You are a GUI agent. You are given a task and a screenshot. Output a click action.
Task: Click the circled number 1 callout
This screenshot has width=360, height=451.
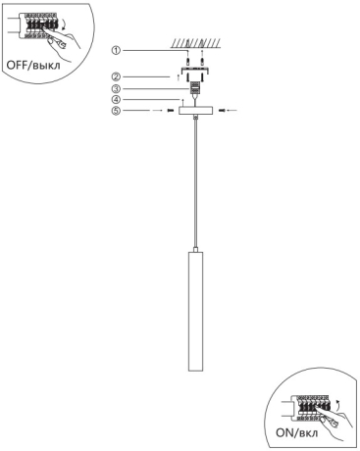[x=116, y=50]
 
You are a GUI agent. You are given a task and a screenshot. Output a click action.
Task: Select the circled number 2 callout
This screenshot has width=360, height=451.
[x=116, y=76]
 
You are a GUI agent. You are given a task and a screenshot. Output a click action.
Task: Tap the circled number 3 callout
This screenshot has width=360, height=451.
[x=116, y=88]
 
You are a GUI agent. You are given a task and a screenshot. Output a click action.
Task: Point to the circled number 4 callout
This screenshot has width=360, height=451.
[x=116, y=99]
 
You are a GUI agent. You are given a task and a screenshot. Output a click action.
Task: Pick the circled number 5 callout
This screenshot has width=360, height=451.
[x=116, y=111]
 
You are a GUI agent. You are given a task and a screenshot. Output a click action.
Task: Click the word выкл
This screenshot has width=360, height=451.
[x=48, y=66]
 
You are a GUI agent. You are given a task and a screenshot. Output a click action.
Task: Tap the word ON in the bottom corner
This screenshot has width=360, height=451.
[x=285, y=432]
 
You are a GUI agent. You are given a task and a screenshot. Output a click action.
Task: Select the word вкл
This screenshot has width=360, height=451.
[x=308, y=433]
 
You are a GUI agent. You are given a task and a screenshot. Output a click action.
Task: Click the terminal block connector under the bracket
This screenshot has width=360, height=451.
[x=195, y=87]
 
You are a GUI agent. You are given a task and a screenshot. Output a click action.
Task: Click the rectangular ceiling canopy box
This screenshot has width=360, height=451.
[x=195, y=111]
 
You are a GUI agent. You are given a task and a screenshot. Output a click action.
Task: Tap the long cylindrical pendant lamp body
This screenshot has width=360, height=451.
[x=195, y=311]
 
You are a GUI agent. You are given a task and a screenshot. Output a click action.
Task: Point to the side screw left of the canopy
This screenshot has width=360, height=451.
[x=170, y=111]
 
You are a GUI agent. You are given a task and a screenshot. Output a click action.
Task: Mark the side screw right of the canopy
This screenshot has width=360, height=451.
[x=222, y=111]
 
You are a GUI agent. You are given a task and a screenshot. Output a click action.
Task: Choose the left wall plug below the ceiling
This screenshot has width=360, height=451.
[x=187, y=61]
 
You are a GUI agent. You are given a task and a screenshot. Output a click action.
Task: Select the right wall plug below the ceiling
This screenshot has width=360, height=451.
[x=203, y=61]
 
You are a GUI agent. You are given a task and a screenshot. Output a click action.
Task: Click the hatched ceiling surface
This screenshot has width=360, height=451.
[x=195, y=43]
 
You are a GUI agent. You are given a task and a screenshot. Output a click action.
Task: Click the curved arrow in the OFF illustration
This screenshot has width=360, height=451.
[x=64, y=25]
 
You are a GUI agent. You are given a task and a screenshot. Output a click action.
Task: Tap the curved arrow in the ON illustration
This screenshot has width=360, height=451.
[x=336, y=404]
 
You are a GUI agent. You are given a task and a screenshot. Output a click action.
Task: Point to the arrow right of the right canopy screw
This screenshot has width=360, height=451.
[x=232, y=111]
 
